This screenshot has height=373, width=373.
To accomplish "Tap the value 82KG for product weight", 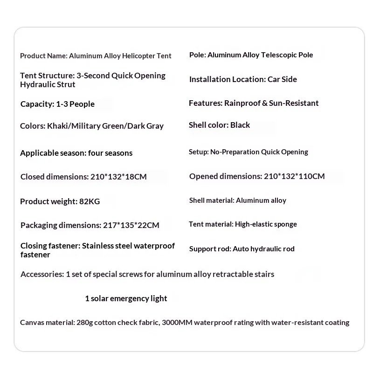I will coord(90,201).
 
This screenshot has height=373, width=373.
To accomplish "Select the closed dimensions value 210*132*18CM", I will coord(118,177).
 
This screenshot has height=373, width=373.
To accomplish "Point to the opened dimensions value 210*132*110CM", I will coord(294,176).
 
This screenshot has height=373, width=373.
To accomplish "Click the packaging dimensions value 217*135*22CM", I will coord(131,225).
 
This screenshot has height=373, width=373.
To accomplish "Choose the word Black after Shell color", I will coord(240,125).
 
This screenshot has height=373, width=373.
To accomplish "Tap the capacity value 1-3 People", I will coord(72,104).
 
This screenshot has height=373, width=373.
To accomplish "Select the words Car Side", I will coord(282,79).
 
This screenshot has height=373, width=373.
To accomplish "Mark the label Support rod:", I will coord(210,249).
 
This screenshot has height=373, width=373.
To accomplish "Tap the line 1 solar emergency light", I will coord(126,298).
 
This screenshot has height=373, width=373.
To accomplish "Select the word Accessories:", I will coord(42,274).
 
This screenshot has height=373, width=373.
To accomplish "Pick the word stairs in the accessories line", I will coord(264,274).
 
